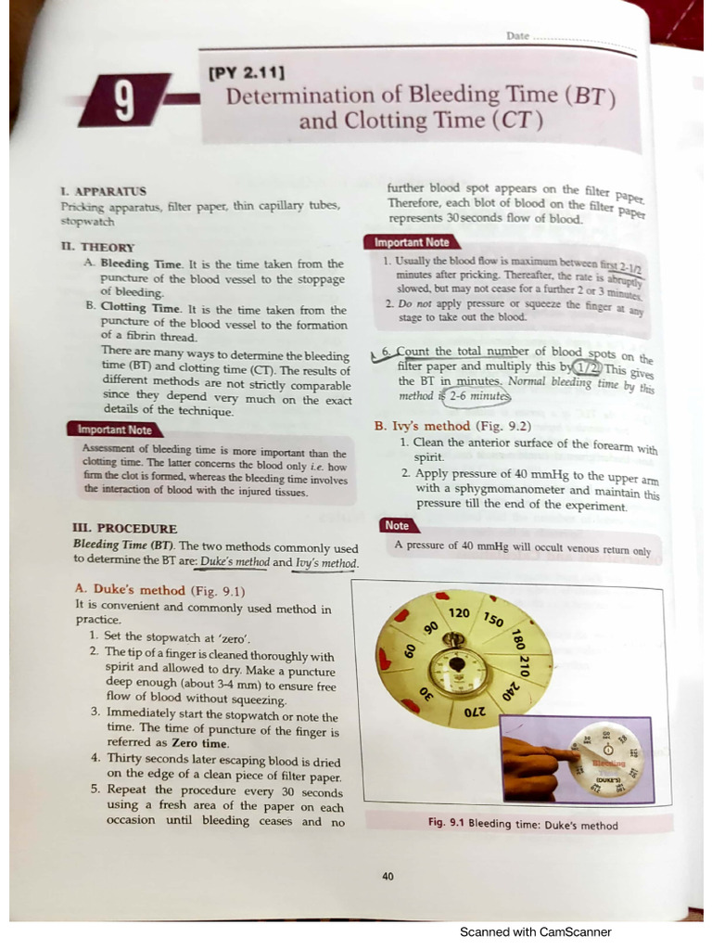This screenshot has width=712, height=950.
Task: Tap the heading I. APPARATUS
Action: pos(103,190)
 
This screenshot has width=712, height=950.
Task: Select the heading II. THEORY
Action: pos(97,248)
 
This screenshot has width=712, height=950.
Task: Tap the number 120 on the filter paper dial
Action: pos(459,614)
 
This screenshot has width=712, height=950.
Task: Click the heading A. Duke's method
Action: pos(130,590)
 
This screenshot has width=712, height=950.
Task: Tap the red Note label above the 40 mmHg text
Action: pos(396,525)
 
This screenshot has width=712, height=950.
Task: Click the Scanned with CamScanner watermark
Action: pos(535,931)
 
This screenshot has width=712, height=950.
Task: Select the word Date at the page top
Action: pos(517,35)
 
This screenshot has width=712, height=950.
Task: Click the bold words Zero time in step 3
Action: pos(201,743)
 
